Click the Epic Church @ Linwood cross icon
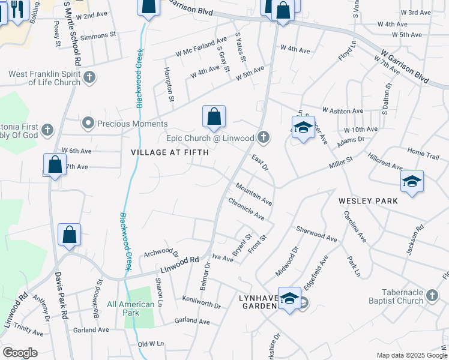[262, 138]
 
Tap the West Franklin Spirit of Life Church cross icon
[88, 77]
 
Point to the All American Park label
[131, 304]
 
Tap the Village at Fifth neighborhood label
[170, 152]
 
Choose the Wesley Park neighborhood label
[367, 200]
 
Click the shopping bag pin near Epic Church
[214, 118]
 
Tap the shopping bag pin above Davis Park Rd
[70, 235]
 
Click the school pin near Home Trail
[412, 182]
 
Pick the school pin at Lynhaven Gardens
[289, 299]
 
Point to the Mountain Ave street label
[254, 194]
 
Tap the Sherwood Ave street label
[316, 233]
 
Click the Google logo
[20, 353]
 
